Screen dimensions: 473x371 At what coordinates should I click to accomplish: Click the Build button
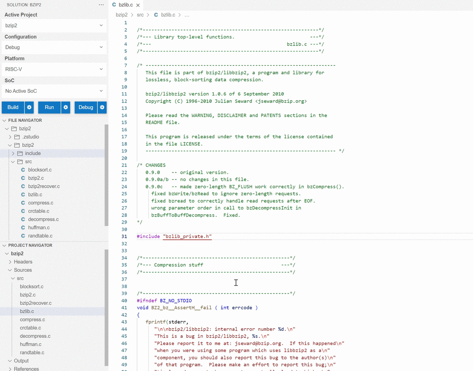point(13,107)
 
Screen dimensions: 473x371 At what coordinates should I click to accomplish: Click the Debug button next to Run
point(86,107)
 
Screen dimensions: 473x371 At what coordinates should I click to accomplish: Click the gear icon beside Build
point(29,107)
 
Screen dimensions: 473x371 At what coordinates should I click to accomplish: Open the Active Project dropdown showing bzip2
point(54,26)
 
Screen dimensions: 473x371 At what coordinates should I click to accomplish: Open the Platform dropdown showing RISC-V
point(54,69)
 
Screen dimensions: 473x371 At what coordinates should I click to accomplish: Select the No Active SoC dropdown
point(54,91)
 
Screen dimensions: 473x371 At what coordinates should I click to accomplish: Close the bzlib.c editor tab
point(138,5)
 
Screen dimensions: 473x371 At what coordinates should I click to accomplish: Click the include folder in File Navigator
point(33,154)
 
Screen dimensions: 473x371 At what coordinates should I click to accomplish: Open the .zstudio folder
point(31,137)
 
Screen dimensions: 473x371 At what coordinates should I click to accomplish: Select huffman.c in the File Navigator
point(39,228)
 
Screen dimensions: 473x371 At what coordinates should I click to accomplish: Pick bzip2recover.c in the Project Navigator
point(36,303)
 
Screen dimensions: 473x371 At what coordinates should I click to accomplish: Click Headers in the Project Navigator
point(23,262)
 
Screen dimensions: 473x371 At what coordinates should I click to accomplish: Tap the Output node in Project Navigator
point(21,361)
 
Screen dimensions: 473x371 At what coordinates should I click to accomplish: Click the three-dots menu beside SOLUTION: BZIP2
point(101,5)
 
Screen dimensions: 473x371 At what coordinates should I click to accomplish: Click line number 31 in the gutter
point(124,237)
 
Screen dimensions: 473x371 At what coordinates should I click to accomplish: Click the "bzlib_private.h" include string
point(187,237)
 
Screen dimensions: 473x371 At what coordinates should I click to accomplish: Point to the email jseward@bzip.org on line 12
point(281,101)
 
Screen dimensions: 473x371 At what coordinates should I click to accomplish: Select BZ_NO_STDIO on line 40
point(176,301)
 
